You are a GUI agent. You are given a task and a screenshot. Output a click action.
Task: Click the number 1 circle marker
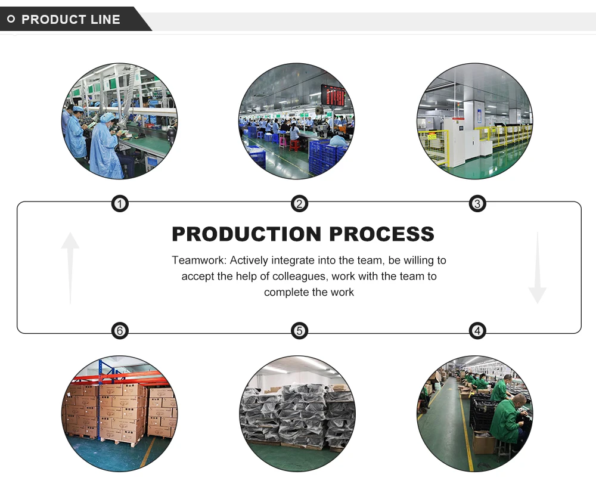tap(120, 204)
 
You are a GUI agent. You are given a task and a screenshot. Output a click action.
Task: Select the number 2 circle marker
tap(299, 204)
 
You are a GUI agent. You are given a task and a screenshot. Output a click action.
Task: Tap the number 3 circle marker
tap(477, 204)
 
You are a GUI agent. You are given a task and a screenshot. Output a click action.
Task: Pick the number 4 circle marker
tap(477, 330)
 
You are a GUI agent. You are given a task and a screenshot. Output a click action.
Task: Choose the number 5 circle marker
tap(299, 330)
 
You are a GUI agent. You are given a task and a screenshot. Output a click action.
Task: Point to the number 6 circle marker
tap(120, 330)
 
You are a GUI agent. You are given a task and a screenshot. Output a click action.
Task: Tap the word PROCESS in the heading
tap(382, 234)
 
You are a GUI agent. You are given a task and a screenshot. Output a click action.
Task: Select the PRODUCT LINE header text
tap(71, 20)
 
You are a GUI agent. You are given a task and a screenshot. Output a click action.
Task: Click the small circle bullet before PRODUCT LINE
tap(11, 20)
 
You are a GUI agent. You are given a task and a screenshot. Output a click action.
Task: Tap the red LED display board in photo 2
tap(333, 95)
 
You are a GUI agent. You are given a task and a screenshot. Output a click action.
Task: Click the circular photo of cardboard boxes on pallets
tap(120, 414)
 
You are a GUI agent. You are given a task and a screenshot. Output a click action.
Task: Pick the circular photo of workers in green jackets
tap(474, 414)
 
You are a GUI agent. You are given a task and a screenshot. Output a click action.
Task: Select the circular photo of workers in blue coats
tap(120, 121)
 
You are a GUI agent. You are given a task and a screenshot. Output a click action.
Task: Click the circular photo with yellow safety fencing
tap(474, 121)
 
